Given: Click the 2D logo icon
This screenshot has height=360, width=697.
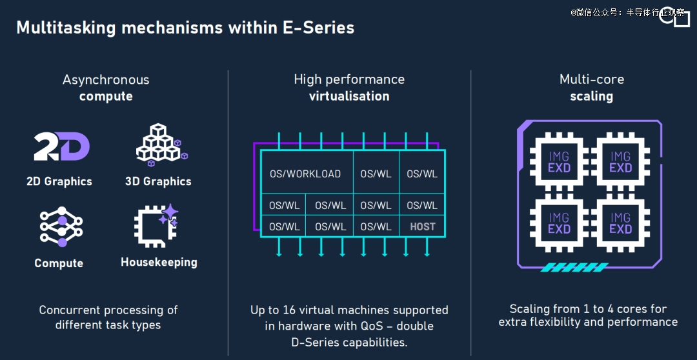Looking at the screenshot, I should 61,147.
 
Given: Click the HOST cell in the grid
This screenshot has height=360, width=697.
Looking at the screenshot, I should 423,226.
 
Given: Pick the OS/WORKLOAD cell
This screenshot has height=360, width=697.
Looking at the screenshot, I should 305,174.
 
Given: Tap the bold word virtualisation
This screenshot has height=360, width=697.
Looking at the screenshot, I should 349,96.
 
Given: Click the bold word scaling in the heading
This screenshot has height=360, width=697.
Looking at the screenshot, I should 591,96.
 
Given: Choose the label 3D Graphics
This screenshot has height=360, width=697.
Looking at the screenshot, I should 158,181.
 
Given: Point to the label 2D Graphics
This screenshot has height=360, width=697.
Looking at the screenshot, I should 59,181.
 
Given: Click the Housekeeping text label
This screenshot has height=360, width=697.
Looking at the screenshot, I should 159,262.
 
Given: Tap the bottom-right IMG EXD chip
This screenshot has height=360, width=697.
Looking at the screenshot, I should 620,223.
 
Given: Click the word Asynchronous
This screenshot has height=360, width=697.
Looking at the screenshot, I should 106,80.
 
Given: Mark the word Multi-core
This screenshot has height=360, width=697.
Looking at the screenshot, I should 592,80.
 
